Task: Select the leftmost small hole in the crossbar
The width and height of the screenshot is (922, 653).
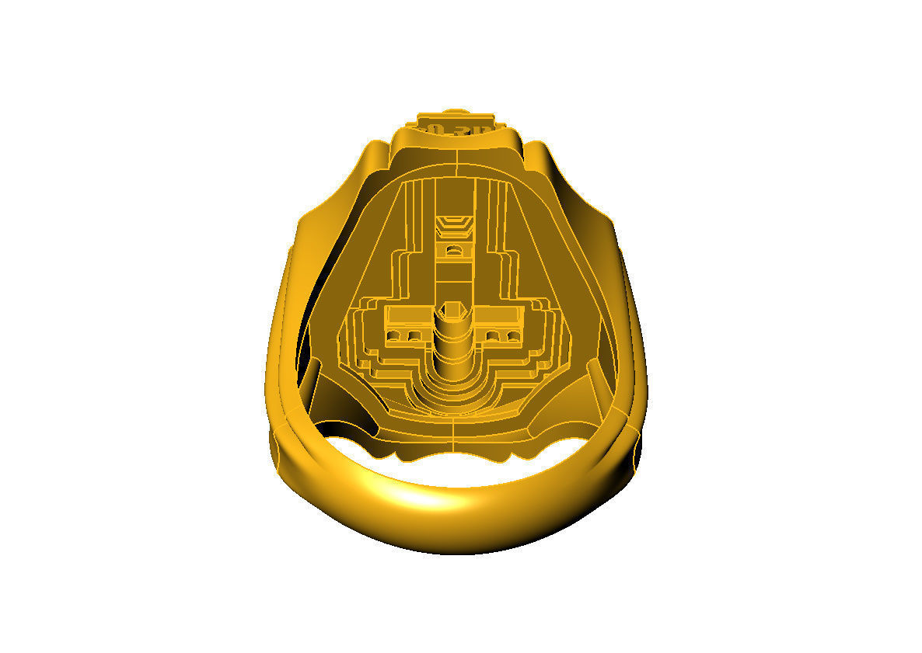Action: pyautogui.click(x=394, y=336)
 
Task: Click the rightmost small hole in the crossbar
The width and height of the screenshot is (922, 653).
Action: pyautogui.click(x=513, y=336)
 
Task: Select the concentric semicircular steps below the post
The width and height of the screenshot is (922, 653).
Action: pyautogui.click(x=454, y=388)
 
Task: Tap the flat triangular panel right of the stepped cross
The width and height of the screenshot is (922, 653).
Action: pyautogui.click(x=549, y=248)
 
